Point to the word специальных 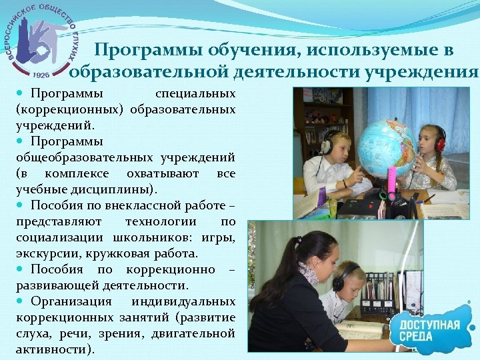(x=195, y=93)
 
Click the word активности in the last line (x=53, y=349)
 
